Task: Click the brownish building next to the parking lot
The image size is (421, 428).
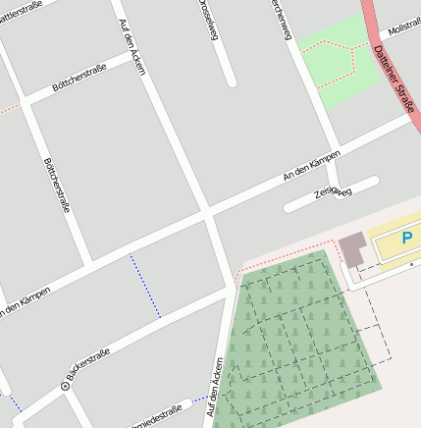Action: coord(351,249)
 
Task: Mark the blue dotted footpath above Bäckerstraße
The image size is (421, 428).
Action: coord(145,286)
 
